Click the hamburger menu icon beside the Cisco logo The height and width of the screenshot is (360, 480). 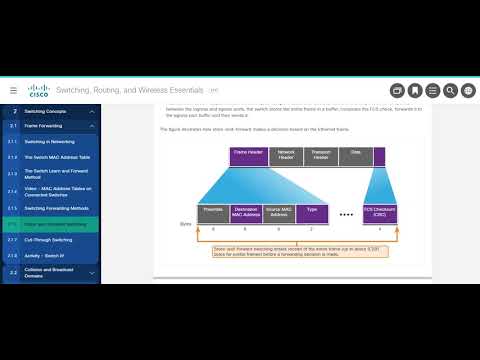(x=13, y=90)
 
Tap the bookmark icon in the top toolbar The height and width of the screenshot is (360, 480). (x=415, y=90)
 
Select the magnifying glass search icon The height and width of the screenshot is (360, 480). (x=451, y=90)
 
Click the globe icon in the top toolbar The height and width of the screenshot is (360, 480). (x=469, y=90)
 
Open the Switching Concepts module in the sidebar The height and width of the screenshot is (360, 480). (x=50, y=111)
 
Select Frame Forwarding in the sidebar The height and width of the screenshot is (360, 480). (x=50, y=127)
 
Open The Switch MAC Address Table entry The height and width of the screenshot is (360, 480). (x=57, y=157)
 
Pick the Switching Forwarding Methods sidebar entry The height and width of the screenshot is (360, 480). (x=57, y=208)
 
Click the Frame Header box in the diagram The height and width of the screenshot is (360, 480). (x=249, y=155)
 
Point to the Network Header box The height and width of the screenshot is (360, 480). (x=286, y=155)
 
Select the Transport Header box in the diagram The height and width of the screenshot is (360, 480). (x=320, y=155)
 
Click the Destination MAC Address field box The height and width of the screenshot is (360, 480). (x=246, y=212)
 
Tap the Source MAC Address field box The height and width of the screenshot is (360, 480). (x=279, y=212)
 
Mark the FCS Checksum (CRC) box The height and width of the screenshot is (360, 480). (x=380, y=212)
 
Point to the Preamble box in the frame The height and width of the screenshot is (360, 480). (x=213, y=212)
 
